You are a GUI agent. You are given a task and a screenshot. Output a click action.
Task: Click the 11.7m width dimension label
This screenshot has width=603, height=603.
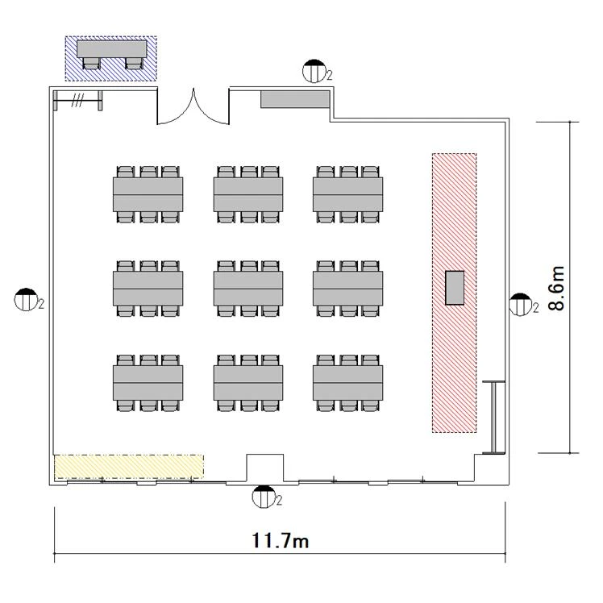[x=281, y=540]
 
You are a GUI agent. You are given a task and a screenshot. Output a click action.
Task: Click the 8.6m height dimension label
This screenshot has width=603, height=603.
[x=557, y=288]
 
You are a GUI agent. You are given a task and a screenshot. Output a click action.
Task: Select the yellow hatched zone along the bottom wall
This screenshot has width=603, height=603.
[x=129, y=467]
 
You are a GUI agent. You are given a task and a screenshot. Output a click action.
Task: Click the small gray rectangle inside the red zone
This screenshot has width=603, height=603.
[x=455, y=288]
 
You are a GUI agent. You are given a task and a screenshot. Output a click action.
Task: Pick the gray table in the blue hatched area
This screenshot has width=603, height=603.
[x=111, y=49]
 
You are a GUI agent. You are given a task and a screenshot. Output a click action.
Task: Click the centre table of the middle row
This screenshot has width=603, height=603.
[x=248, y=289]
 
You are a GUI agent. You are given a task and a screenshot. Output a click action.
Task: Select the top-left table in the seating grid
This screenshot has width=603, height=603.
[x=148, y=194]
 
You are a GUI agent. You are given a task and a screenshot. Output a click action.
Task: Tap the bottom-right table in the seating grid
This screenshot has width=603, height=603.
[x=347, y=383]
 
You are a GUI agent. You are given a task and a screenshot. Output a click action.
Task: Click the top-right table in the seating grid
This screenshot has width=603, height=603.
[x=347, y=194]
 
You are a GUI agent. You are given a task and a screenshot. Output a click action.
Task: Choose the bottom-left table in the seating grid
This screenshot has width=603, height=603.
[x=148, y=383]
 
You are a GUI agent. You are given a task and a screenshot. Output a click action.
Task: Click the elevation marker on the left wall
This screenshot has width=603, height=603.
[x=26, y=299]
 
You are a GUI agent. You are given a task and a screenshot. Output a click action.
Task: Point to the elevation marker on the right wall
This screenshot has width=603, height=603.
[x=520, y=304]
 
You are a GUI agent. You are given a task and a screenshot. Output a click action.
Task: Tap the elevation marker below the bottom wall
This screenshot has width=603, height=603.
[x=264, y=497]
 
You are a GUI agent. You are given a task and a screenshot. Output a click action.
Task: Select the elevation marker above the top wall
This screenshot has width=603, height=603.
[x=314, y=71]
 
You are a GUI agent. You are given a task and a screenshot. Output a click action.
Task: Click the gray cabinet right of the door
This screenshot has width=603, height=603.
[x=295, y=99]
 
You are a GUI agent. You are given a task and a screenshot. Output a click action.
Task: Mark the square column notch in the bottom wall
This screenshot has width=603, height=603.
[x=265, y=468]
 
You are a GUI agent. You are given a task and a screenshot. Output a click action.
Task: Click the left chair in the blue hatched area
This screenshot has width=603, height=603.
[x=92, y=63]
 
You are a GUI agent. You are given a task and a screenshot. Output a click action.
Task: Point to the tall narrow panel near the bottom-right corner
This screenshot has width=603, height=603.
[x=494, y=418]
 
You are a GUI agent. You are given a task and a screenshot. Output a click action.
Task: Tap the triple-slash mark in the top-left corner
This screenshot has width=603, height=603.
[x=77, y=101]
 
